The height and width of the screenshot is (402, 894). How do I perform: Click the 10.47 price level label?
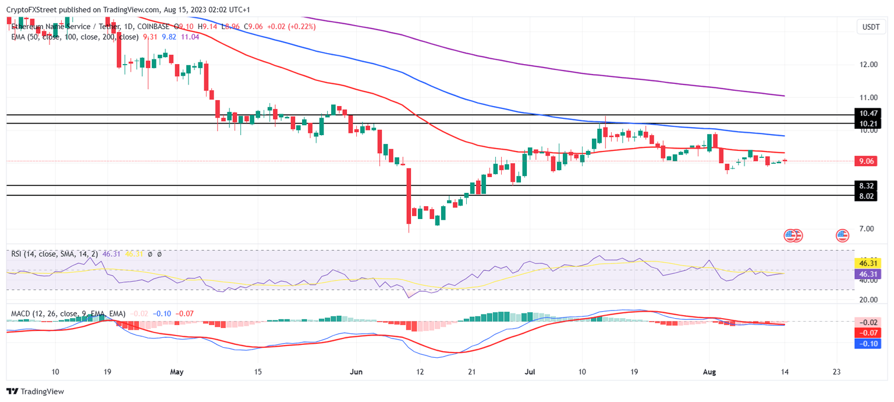(x=867, y=114)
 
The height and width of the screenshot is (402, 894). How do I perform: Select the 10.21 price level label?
(x=867, y=124)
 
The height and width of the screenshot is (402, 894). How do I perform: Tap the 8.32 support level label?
(x=867, y=185)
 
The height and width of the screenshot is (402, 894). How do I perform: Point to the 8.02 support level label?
(x=867, y=196)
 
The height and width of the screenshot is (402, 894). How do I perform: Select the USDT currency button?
(x=871, y=27)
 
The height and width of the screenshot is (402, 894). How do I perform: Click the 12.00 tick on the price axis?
(x=869, y=64)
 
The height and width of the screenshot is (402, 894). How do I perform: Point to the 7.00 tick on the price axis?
(x=869, y=228)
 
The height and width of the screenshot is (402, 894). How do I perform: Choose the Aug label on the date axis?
(x=708, y=371)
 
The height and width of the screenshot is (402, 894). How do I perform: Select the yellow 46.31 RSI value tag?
(x=867, y=263)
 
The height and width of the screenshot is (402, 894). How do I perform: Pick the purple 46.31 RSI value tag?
(x=867, y=273)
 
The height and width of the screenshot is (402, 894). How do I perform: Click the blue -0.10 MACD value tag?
(x=867, y=343)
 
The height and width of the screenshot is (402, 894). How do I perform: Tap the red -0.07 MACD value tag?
(x=867, y=333)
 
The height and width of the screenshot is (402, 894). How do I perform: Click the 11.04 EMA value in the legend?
(x=190, y=37)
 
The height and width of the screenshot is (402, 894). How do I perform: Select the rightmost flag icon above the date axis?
(x=842, y=235)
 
